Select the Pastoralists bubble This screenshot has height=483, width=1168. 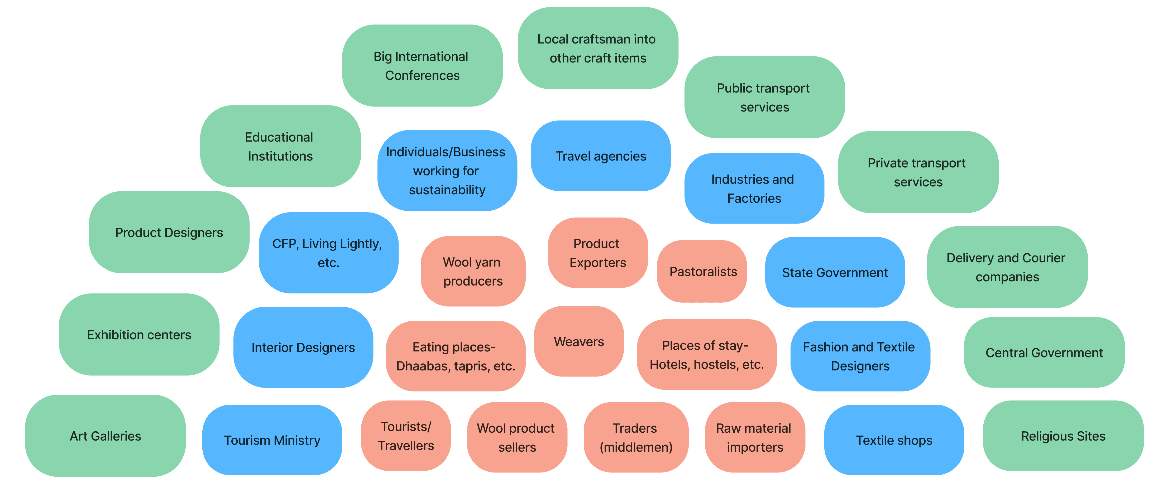click(x=702, y=271)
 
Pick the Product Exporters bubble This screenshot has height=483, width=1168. click(x=598, y=253)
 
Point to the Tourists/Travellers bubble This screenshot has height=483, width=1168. click(x=406, y=436)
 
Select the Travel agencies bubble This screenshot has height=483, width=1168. click(x=601, y=156)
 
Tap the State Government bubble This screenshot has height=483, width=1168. click(x=835, y=272)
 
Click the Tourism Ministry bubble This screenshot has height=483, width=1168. click(x=272, y=440)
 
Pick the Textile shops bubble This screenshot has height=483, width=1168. click(x=894, y=440)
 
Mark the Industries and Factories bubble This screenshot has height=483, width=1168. click(x=754, y=189)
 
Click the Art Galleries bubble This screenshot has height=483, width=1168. click(x=105, y=436)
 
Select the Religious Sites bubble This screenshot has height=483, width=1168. click(x=1063, y=436)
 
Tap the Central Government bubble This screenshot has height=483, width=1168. click(x=1044, y=352)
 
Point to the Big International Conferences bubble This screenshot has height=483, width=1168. click(x=422, y=66)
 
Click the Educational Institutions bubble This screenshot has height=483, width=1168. click(x=280, y=146)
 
